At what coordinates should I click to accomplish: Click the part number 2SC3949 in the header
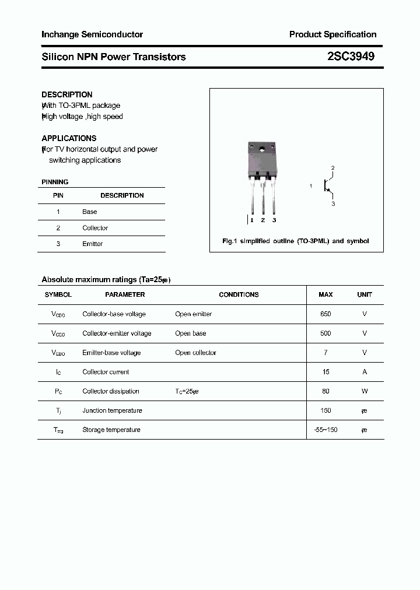[x=351, y=57]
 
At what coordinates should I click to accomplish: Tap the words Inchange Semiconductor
[x=92, y=34]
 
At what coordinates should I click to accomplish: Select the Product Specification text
[x=332, y=34]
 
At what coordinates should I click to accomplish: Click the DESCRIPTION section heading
[x=67, y=94]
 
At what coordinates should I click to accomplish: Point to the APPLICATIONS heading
[x=69, y=138]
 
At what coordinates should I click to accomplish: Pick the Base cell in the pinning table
[x=89, y=212]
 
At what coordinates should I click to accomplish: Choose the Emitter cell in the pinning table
[x=92, y=244]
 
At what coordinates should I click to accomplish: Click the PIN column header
[x=58, y=195]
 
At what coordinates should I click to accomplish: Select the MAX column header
[x=325, y=294]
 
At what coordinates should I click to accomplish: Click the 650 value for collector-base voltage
[x=325, y=314]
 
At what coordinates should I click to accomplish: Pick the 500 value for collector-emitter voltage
[x=325, y=333]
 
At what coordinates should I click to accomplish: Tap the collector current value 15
[x=325, y=372]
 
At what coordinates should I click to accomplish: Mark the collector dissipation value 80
[x=325, y=391]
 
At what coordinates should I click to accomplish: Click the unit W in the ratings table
[x=365, y=391]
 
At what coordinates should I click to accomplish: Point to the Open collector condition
[x=195, y=353]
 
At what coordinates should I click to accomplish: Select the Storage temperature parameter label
[x=111, y=430]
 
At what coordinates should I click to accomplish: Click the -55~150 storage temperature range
[x=325, y=430]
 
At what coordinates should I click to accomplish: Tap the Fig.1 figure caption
[x=296, y=241]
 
